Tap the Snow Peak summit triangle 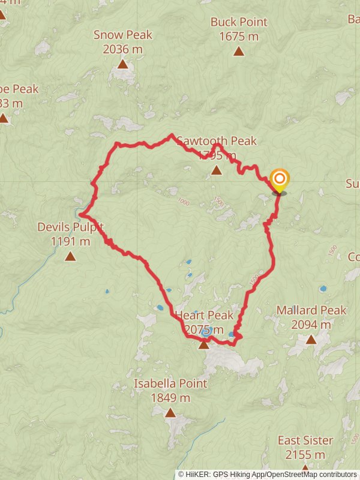(x=122, y=64)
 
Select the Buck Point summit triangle (x=239, y=52)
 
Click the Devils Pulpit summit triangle (x=70, y=257)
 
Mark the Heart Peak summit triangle (x=204, y=344)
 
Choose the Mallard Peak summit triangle (x=311, y=340)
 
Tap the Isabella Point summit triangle (x=170, y=413)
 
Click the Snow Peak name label (x=122, y=35)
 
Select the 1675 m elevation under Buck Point (x=239, y=37)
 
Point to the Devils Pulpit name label (x=70, y=227)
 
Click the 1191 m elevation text (x=70, y=242)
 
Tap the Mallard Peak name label (x=311, y=310)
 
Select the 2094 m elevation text (x=311, y=325)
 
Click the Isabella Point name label (x=170, y=383)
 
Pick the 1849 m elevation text (x=170, y=398)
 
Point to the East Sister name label (x=305, y=440)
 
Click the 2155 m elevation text (x=305, y=455)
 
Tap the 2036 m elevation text (x=122, y=49)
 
